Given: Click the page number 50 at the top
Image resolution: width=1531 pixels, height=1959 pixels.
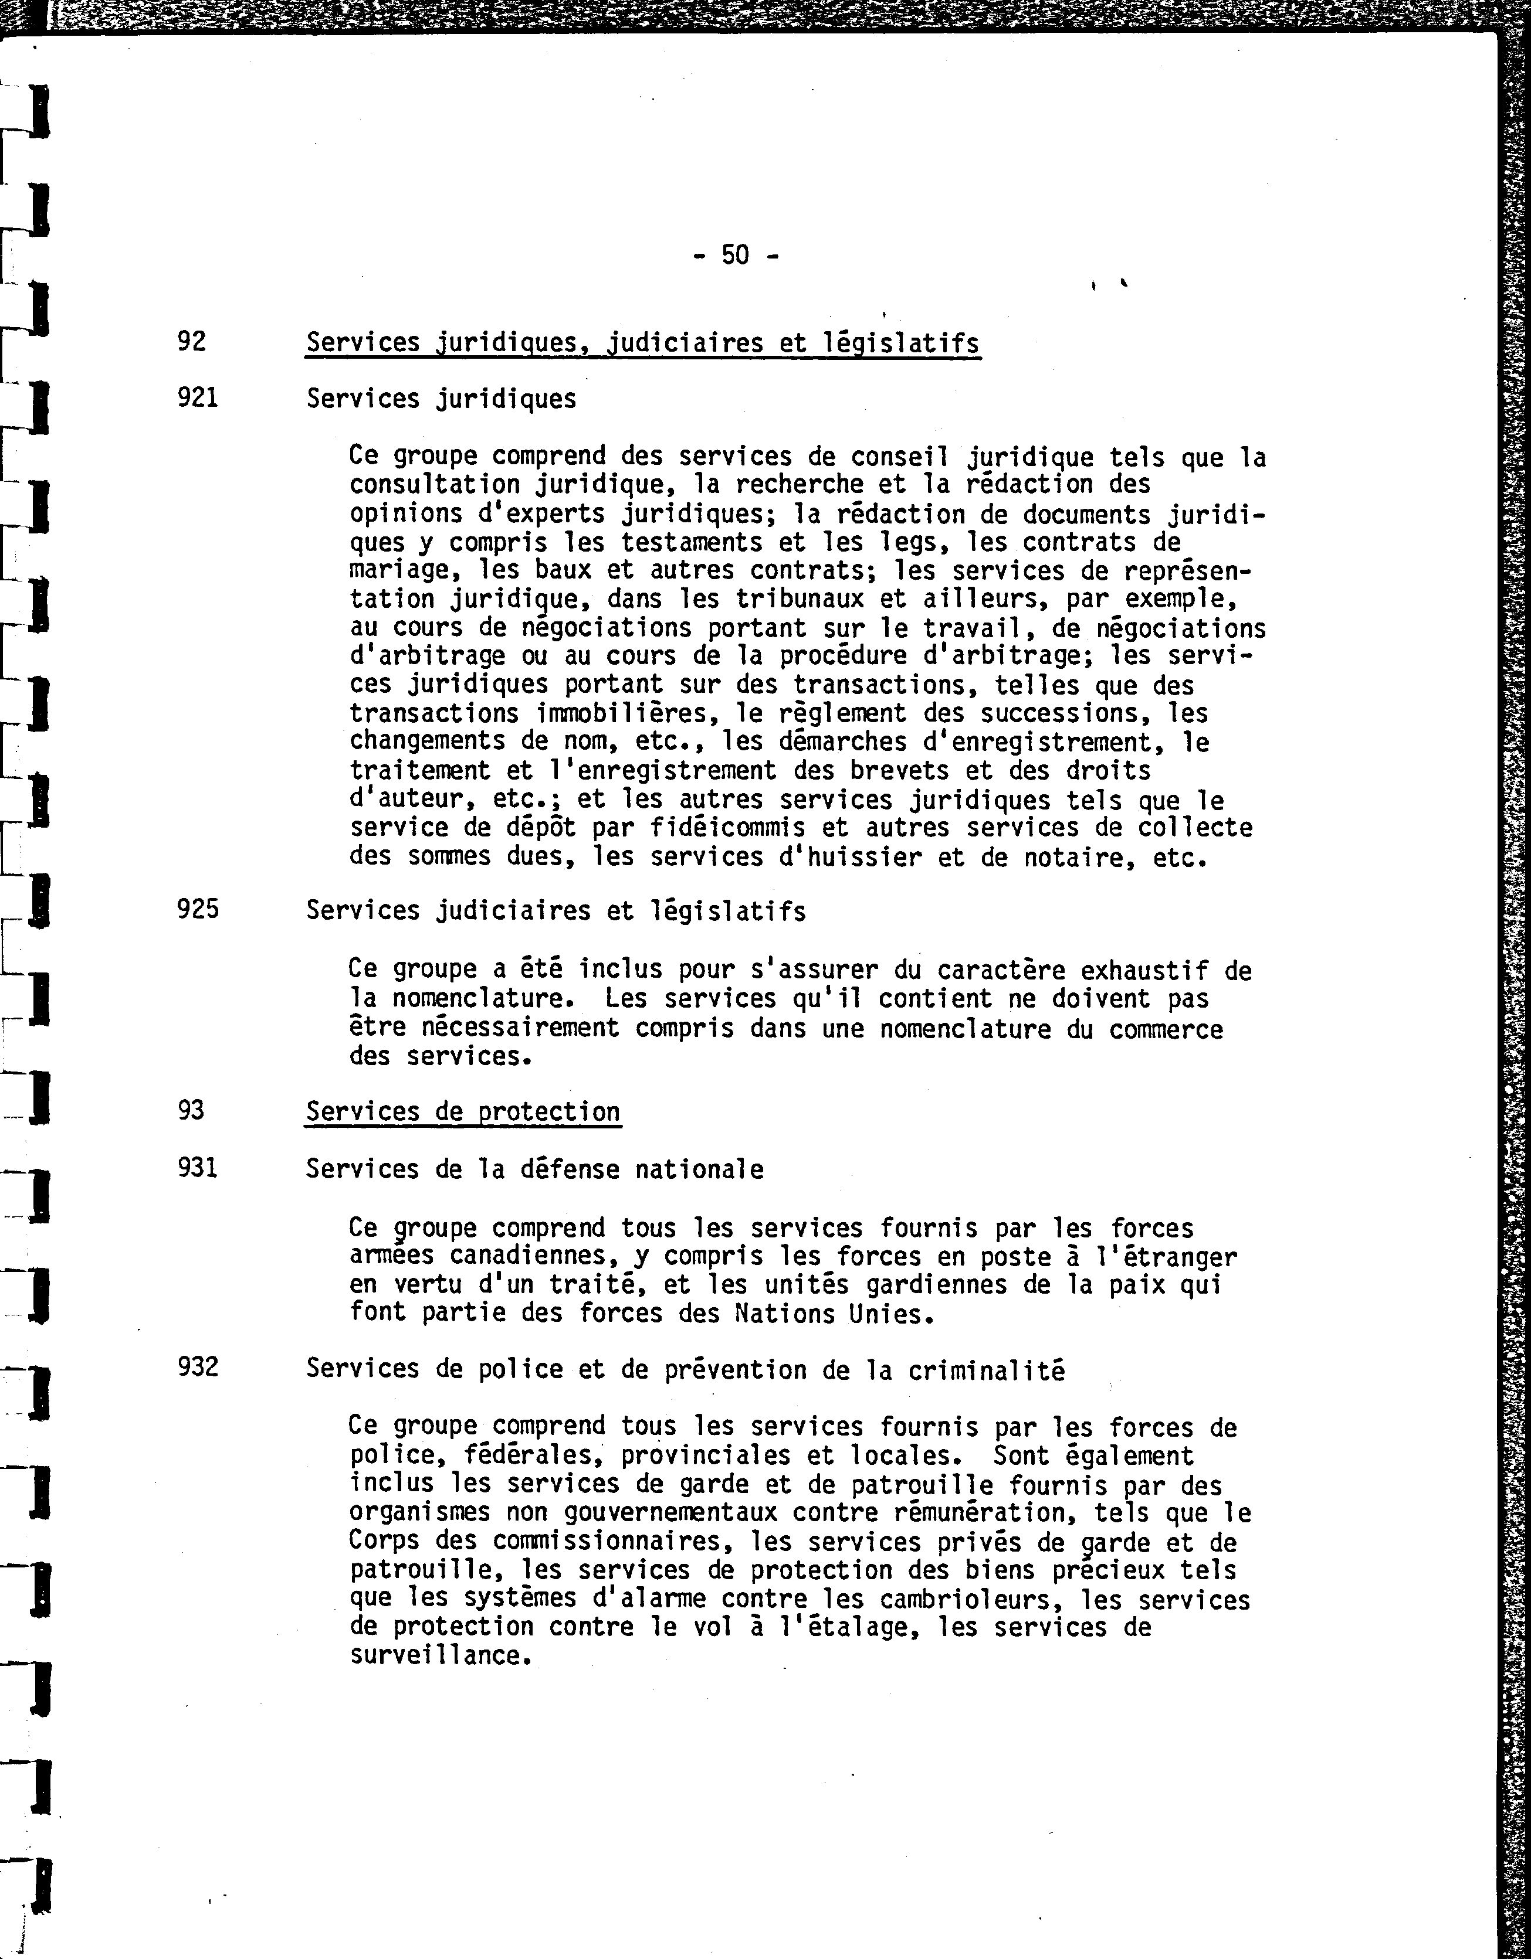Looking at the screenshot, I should point(734,256).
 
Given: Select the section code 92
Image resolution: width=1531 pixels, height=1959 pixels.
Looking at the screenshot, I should point(191,341).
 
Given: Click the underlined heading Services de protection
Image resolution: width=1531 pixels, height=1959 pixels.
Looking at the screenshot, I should point(462,1111).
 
